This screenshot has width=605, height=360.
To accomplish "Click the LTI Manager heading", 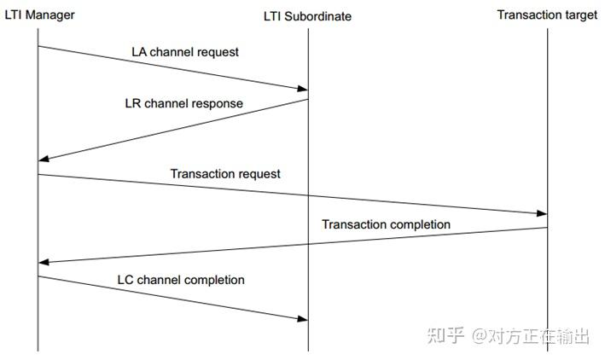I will [39, 15].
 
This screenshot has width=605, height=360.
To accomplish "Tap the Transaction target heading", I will [547, 15].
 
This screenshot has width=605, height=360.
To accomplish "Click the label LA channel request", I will [185, 52].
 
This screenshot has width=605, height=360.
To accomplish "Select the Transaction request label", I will [225, 173].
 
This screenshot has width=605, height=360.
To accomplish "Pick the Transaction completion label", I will [386, 224].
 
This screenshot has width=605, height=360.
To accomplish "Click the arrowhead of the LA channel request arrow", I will [301, 88].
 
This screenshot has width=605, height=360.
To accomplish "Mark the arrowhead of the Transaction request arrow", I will [540, 214].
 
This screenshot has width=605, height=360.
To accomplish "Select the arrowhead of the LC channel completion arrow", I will [301, 319].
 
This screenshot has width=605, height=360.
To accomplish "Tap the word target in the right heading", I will [580, 15].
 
